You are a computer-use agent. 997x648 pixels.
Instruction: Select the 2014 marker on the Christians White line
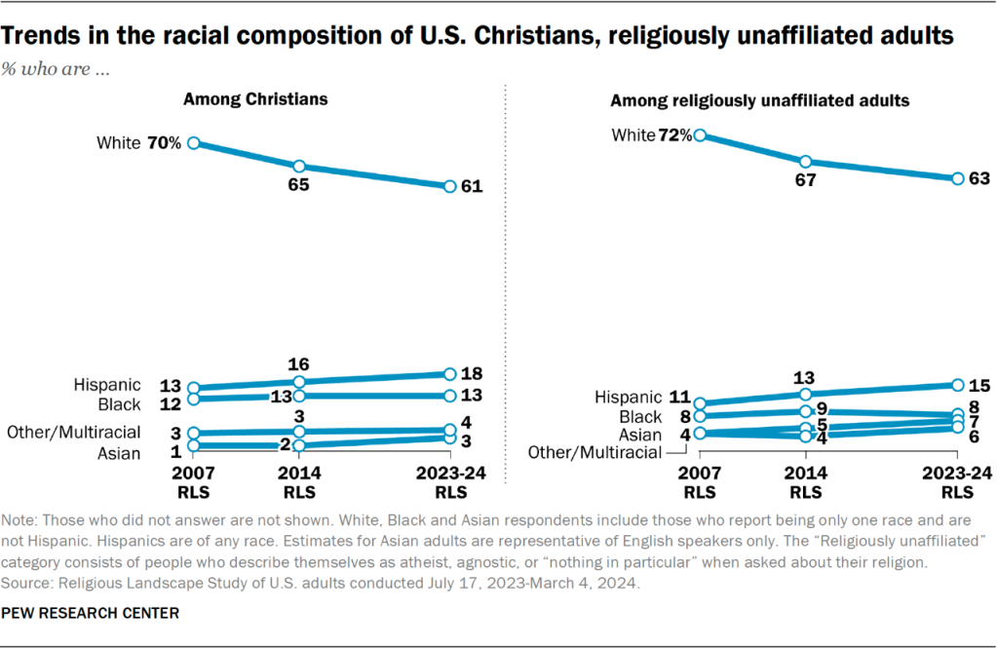pos(299,166)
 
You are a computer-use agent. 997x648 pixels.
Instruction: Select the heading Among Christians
pos(255,99)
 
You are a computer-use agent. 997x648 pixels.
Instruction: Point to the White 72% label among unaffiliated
pos(651,135)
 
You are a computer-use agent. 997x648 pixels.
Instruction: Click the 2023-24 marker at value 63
pos(958,178)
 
